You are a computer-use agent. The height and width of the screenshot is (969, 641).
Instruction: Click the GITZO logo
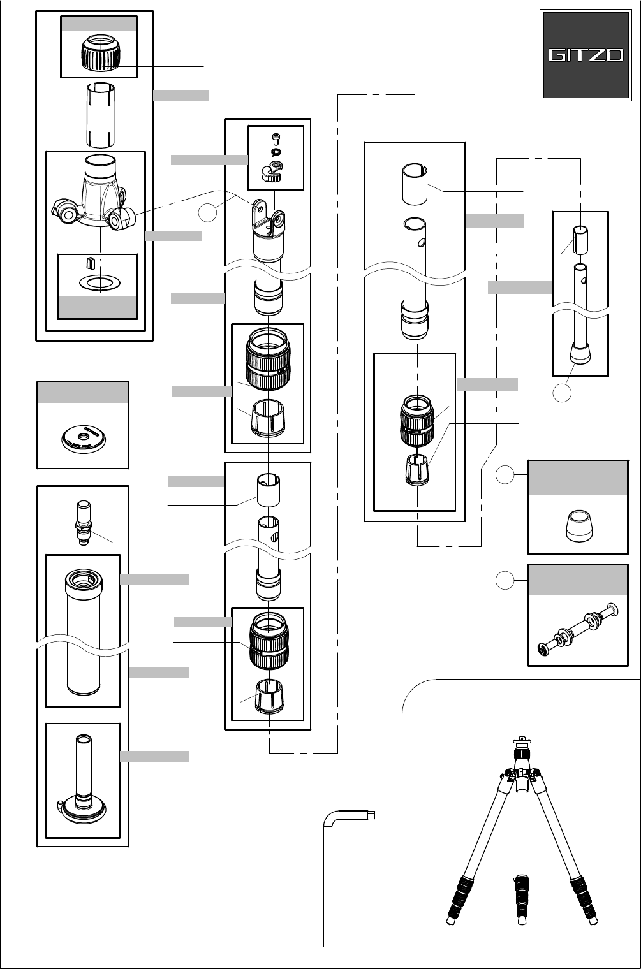(x=586, y=55)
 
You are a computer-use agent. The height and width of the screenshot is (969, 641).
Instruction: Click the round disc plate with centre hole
(x=83, y=437)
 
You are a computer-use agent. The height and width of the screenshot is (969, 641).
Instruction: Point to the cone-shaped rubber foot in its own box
(x=578, y=525)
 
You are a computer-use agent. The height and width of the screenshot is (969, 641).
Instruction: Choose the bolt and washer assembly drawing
(x=578, y=629)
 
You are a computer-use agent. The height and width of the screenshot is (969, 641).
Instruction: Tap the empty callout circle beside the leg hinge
(x=209, y=214)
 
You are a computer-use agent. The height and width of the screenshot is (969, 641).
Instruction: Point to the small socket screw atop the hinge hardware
(x=276, y=138)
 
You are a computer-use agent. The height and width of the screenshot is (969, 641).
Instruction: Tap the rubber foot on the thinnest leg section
(x=580, y=353)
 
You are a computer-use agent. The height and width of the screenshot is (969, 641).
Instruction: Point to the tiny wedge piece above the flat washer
(x=89, y=262)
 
